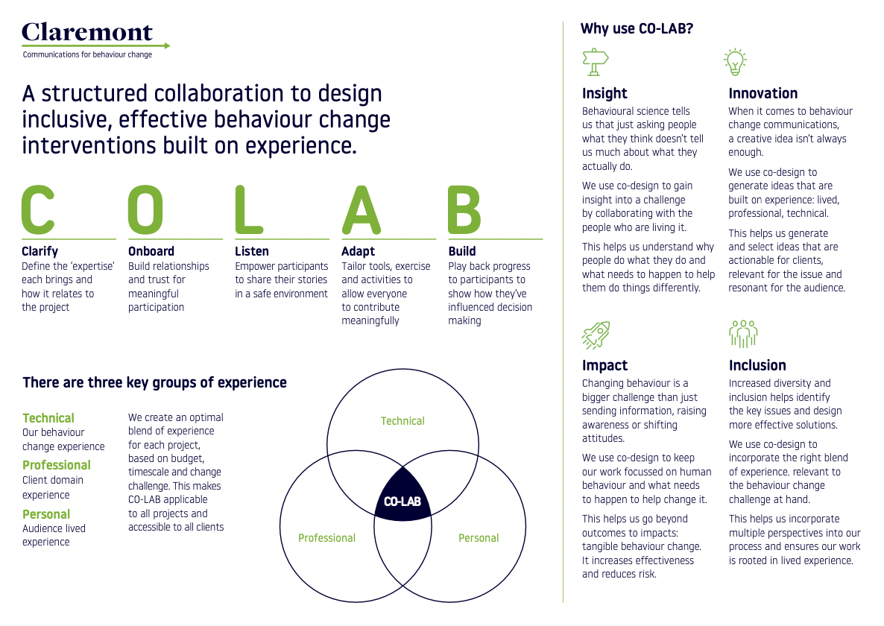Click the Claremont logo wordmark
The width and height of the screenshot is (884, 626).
[x=87, y=32]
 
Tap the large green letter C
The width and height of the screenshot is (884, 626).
[x=38, y=209]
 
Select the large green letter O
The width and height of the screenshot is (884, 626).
[x=145, y=209]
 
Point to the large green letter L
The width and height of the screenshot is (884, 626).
[x=249, y=209]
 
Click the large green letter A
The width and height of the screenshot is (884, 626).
[x=362, y=209]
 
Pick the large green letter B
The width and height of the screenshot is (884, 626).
[x=464, y=209]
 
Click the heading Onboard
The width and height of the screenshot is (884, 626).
[x=151, y=251]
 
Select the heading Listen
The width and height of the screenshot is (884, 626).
[x=252, y=251]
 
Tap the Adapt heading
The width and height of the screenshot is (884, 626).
[x=358, y=251]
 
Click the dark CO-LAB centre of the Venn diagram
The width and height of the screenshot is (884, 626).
[x=402, y=496]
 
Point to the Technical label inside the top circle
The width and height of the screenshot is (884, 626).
[x=402, y=421]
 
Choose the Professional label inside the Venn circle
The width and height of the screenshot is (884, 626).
[x=326, y=538]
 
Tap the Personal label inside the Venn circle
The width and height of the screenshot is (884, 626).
[x=479, y=538]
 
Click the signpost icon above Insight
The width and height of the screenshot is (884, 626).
[x=596, y=62]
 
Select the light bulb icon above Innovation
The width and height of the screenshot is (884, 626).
[x=736, y=62]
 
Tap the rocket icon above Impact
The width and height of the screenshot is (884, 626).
[x=596, y=335]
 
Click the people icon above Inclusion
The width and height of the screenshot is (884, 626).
[x=743, y=335]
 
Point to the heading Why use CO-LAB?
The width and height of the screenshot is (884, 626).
[x=637, y=29]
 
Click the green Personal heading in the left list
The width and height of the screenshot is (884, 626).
[x=46, y=514]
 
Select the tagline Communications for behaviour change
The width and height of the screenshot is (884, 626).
[x=87, y=54]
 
